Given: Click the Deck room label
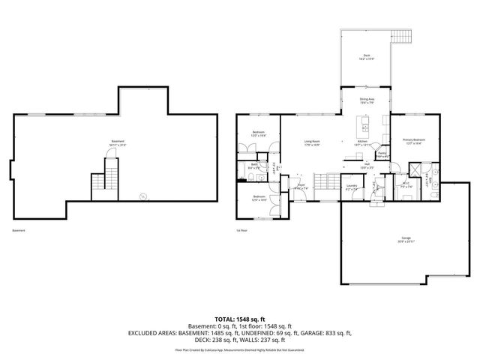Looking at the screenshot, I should coord(367,56).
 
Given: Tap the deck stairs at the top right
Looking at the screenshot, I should coord(403,36).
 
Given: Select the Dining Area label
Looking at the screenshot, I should coord(367,100).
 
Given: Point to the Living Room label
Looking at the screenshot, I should coord(312,142).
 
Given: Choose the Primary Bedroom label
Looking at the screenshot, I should coord(414,141).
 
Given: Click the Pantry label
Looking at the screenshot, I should coord(382,155).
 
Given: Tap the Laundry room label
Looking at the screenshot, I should coord(351,189).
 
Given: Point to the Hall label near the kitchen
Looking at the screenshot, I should coord(367,166).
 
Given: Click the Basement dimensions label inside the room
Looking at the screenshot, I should coord(118,143).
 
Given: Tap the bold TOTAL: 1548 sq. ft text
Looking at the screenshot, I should coord(240,319).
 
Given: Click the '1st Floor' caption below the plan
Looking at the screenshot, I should coord(242,230).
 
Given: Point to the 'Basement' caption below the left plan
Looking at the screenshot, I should coord(20,230).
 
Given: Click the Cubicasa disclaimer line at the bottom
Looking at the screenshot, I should coord(240,349).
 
